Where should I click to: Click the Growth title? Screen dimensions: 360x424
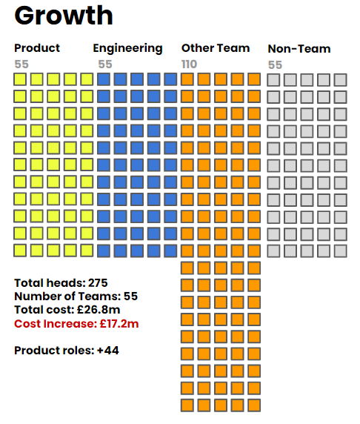coord(64,16)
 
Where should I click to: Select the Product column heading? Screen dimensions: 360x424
coord(37,48)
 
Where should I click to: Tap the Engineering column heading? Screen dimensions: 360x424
coord(128,49)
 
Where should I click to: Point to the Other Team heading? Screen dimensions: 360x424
coord(216,48)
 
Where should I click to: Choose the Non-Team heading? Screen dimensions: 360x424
coord(299,49)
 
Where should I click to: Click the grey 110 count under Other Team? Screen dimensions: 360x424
coord(189,64)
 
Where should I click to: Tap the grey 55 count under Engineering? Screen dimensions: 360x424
coord(105,64)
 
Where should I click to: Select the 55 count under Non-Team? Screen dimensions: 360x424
coord(275,65)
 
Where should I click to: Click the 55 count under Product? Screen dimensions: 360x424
coord(21,64)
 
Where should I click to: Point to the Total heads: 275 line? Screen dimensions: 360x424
coord(61,283)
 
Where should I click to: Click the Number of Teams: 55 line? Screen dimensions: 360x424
coord(76,297)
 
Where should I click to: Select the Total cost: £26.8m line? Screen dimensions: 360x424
coord(67,310)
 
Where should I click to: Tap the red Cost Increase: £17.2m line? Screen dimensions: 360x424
coord(76,324)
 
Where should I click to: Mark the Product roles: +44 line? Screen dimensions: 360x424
coord(67,351)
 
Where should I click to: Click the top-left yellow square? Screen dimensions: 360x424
coord(20,79)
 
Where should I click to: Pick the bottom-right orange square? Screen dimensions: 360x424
coord(254,405)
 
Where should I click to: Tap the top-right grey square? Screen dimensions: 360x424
coord(340,80)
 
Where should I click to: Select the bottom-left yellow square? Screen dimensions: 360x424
coord(20,251)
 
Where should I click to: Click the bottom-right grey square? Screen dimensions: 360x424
coord(340,251)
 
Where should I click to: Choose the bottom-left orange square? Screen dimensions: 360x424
coord(187,405)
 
